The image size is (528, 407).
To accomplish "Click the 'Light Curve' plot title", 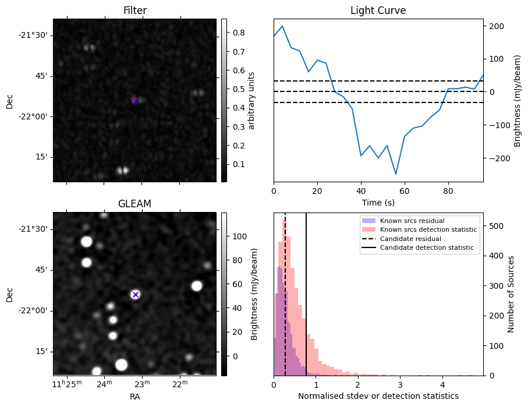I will point(378,11).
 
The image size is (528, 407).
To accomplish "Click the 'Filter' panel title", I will point(135,11).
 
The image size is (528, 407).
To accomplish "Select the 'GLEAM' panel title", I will point(135,204).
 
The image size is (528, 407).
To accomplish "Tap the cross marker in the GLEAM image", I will point(135,295).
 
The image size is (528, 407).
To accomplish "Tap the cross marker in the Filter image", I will point(135,101).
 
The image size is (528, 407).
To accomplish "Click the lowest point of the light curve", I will point(396,174).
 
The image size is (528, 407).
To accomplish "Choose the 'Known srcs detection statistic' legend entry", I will point(428,230).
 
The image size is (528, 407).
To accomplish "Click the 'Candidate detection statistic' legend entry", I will point(426,248).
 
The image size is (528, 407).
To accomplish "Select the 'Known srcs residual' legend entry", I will point(412,221).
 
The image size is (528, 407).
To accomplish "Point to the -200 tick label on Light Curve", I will point(496,158).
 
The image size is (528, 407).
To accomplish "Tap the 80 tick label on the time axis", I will point(448,191).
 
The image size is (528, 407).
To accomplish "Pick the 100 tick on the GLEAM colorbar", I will point(238,236).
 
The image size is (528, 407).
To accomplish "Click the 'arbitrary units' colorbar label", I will point(251,100).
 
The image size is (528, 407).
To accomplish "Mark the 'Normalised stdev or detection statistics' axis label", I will point(378,396).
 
